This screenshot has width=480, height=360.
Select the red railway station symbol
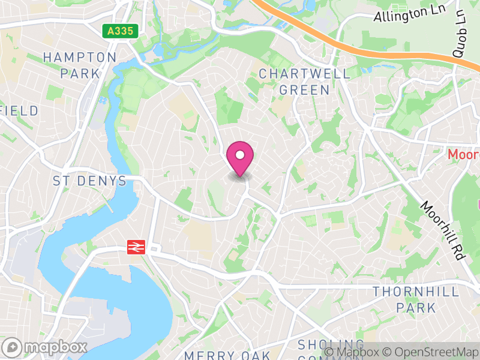pos(136,246)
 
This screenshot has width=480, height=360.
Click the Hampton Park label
pos(80,65)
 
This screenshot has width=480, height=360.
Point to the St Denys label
pos(89,181)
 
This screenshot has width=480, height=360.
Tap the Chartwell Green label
pos(304,82)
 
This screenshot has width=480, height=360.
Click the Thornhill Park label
pos(416,299)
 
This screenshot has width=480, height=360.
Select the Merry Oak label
pos(227,355)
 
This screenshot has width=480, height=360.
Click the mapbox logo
pos(46,347)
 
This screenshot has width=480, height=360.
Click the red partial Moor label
pos(463,155)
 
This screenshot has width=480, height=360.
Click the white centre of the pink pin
pos(240,155)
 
